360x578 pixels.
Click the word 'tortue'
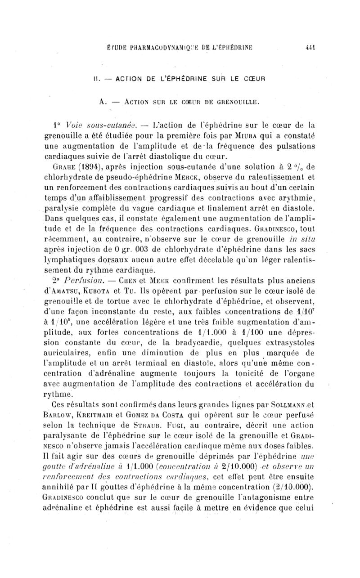(x=121, y=313)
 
